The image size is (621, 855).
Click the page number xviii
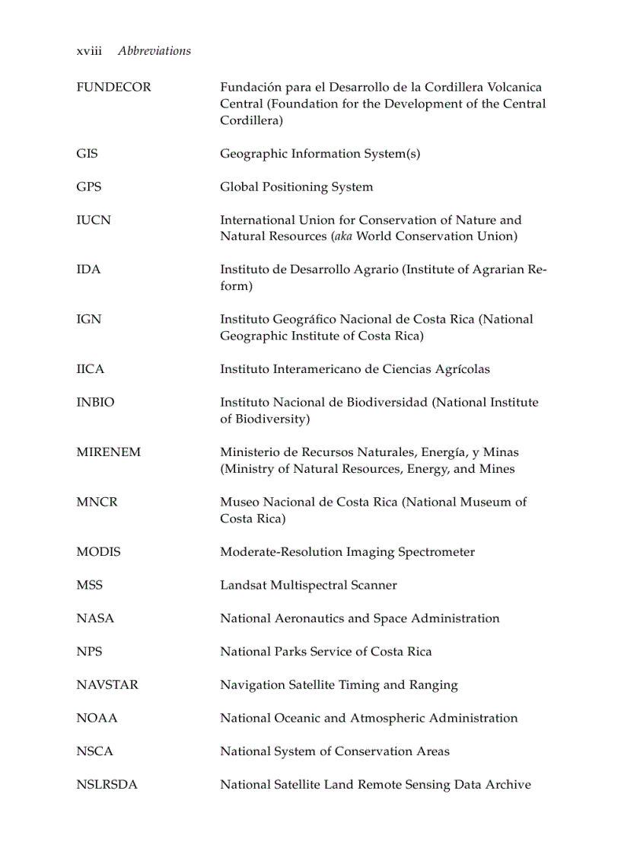(x=89, y=51)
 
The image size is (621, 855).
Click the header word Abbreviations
(x=154, y=51)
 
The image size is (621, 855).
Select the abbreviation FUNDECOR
(x=113, y=88)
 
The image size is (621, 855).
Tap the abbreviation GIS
(x=87, y=154)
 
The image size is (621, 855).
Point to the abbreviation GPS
(x=88, y=187)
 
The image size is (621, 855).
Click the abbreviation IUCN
(x=94, y=220)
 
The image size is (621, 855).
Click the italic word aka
(x=342, y=237)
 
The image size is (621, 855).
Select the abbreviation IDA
(x=88, y=270)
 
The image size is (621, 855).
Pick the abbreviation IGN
(x=88, y=320)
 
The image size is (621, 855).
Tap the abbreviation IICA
(x=91, y=369)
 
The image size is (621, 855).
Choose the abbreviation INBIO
(x=95, y=403)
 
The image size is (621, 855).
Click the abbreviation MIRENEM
(x=108, y=452)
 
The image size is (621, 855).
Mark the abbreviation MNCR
(x=97, y=502)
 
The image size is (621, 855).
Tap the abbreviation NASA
(x=95, y=619)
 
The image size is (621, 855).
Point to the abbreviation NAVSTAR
(x=107, y=685)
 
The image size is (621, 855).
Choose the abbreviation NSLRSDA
(x=107, y=785)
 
